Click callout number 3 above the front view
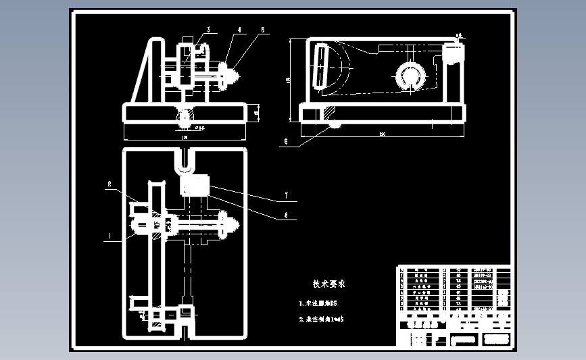209,29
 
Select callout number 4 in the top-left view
239,30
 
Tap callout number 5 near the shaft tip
264,30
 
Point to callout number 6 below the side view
286,142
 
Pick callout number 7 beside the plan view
286,196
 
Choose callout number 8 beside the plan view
286,217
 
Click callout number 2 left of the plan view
108,183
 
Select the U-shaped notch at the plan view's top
185,160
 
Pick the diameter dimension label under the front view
200,126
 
